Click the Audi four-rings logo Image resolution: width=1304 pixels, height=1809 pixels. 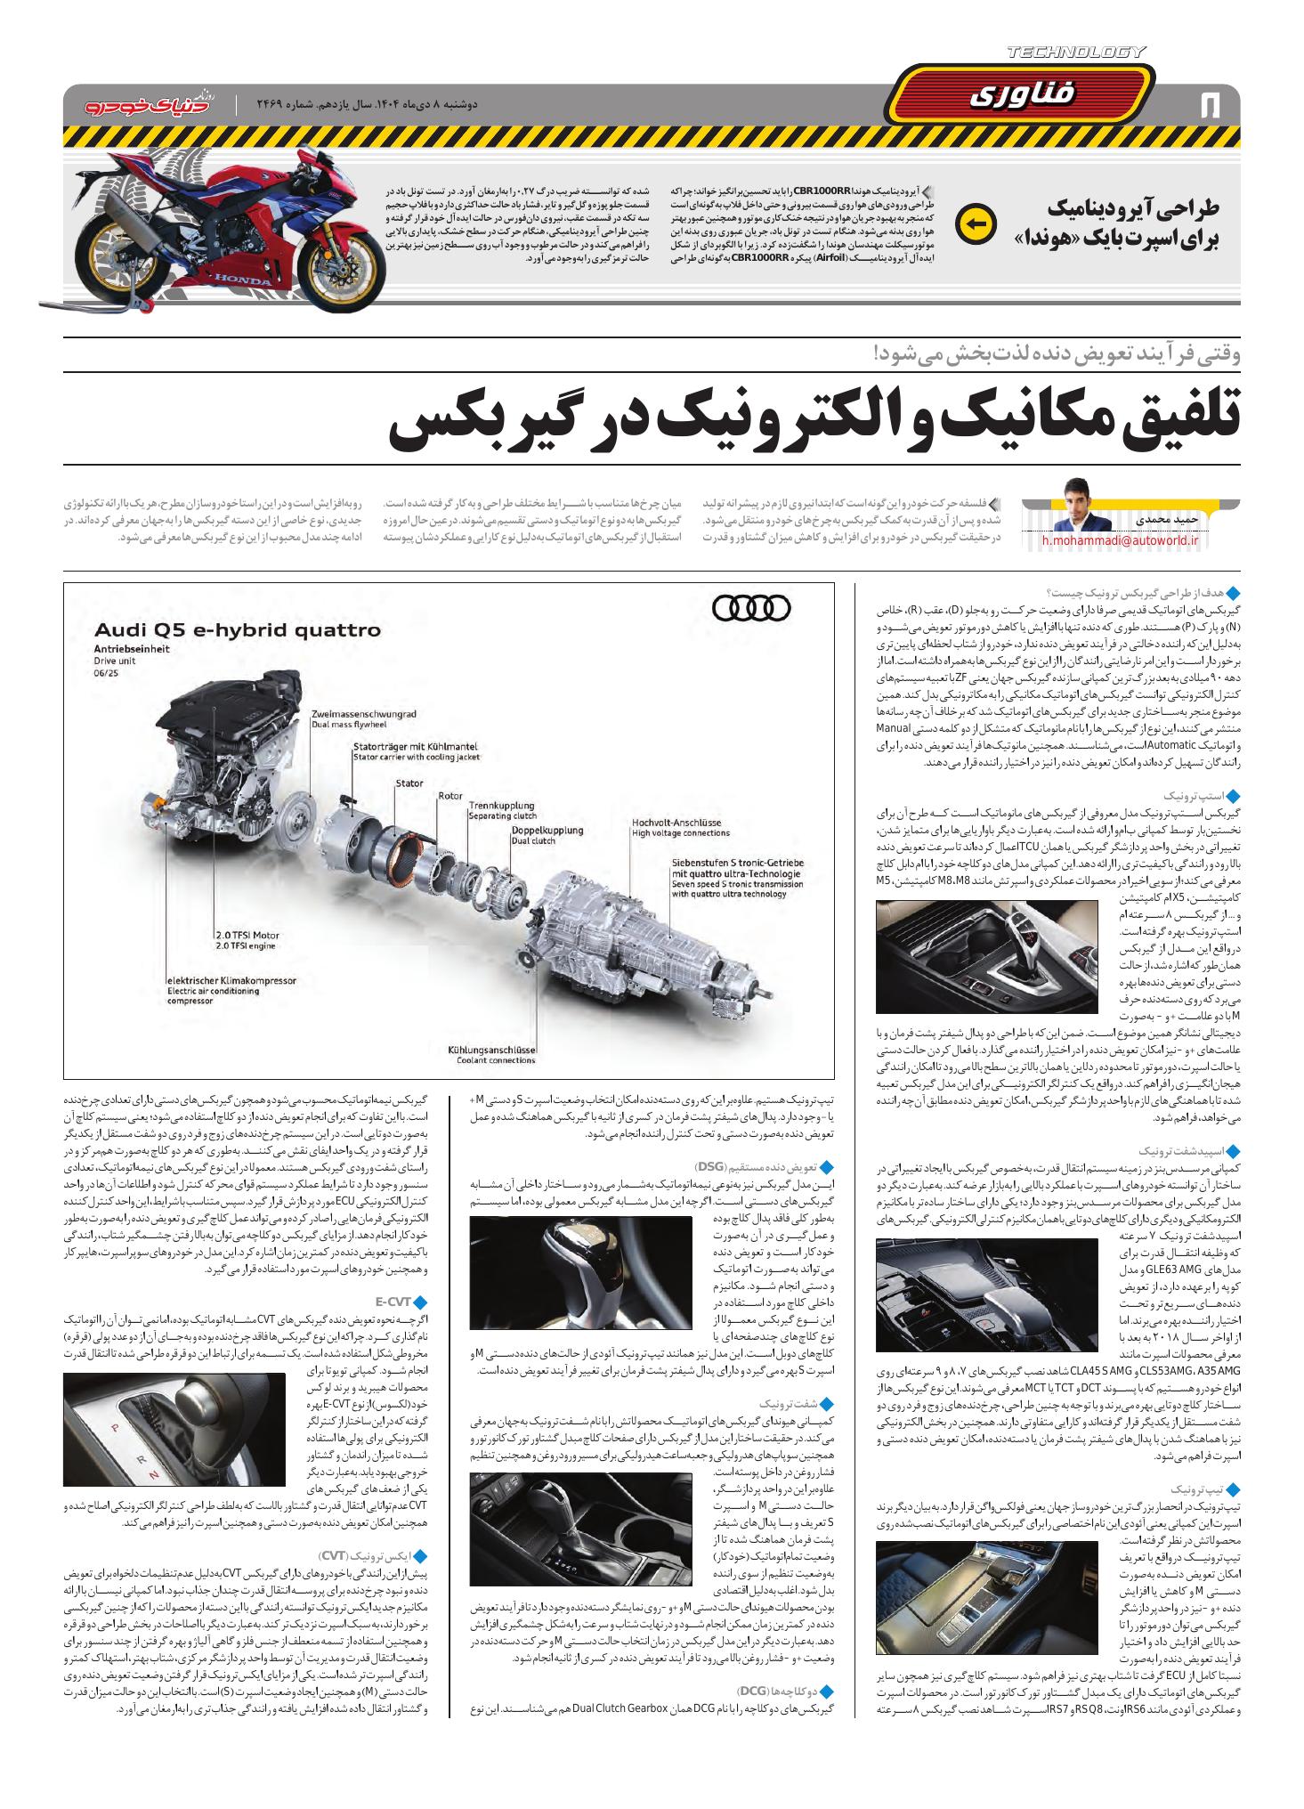(x=751, y=607)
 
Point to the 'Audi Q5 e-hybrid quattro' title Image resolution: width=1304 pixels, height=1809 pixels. (x=237, y=630)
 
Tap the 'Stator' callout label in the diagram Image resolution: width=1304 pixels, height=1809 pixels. (x=409, y=783)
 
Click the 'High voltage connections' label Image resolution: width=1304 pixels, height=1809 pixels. (x=680, y=833)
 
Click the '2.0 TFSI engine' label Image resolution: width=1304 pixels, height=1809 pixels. (x=247, y=947)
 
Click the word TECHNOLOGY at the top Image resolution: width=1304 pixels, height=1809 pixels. (x=1076, y=53)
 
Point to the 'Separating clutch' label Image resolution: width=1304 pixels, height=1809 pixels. (x=502, y=815)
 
